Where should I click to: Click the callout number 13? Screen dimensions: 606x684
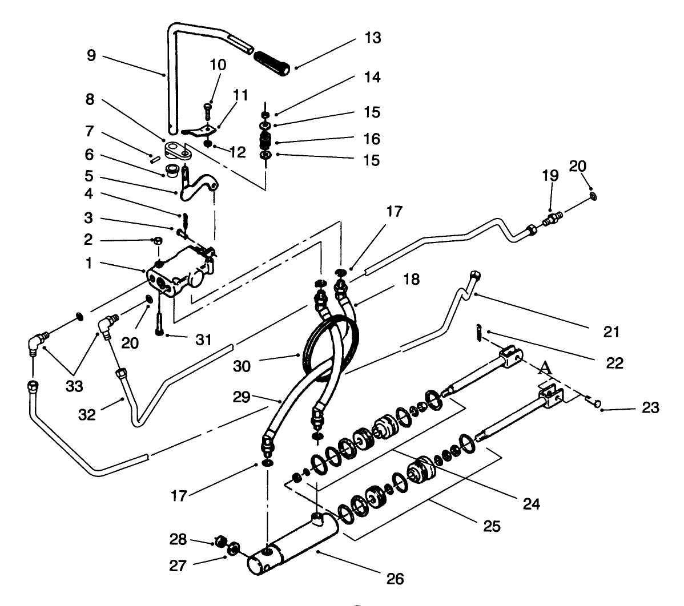373,39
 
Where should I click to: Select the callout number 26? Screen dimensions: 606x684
395,579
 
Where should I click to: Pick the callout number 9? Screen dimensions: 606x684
92,56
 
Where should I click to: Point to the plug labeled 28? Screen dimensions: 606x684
220,540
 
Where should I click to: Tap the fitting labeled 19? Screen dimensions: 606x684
552,218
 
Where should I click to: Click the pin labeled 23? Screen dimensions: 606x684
594,403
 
